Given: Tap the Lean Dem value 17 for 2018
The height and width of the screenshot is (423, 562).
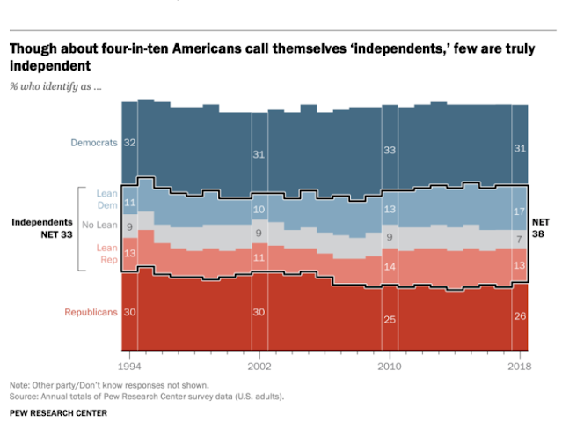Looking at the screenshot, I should click(x=520, y=212).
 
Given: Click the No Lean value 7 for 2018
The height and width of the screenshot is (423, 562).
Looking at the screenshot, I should click(x=521, y=239).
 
